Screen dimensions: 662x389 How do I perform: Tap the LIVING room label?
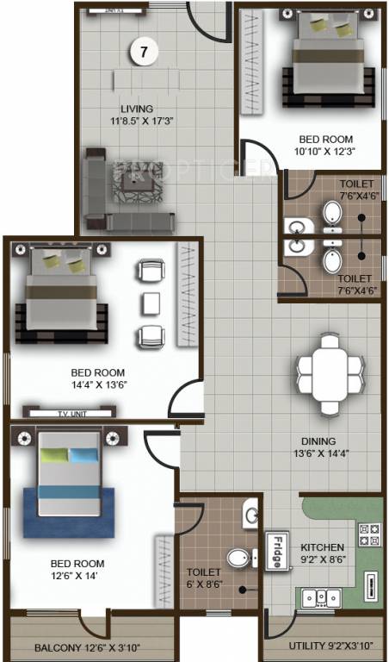pyautogui.click(x=137, y=109)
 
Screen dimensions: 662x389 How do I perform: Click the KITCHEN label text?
pyautogui.click(x=322, y=547)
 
